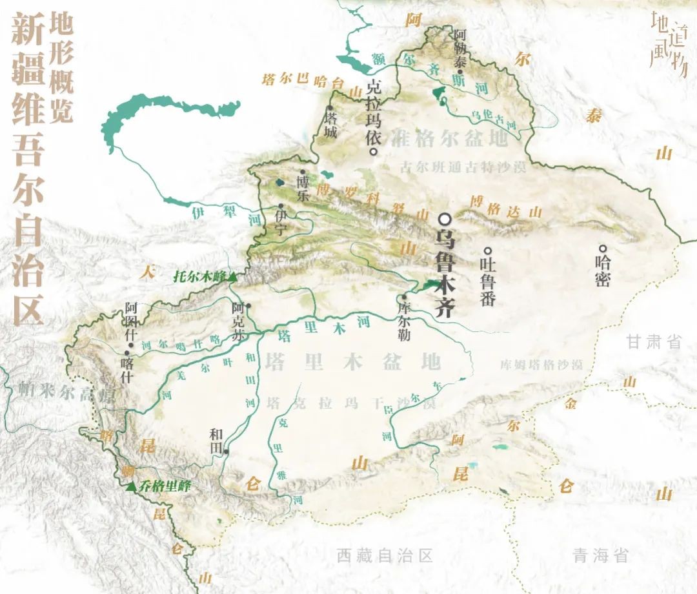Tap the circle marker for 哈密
point(602,248)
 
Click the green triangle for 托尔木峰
point(232,276)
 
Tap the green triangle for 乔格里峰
point(131,486)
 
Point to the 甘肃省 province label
point(654,342)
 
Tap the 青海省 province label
point(600,555)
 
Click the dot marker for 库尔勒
point(404,298)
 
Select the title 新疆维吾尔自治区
point(27,168)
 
